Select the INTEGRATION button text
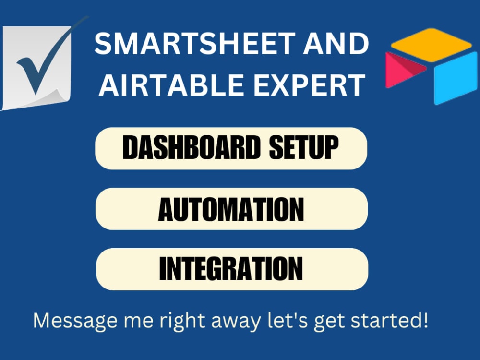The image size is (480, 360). (x=231, y=269)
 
